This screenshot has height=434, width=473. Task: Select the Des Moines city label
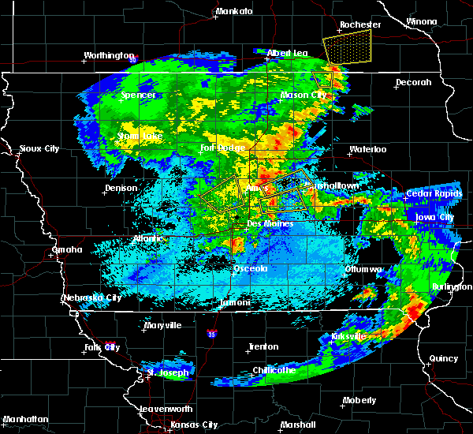pyautogui.click(x=270, y=224)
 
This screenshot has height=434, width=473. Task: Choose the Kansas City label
pyautogui.click(x=195, y=425)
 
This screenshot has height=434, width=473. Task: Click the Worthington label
pyautogui.click(x=109, y=55)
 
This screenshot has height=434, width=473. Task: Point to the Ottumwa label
pyautogui.click(x=363, y=269)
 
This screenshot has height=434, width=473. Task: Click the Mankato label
pyautogui.click(x=234, y=11)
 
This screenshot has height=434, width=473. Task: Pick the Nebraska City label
pyautogui.click(x=91, y=297)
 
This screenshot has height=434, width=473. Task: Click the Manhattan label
pyautogui.click(x=25, y=418)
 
